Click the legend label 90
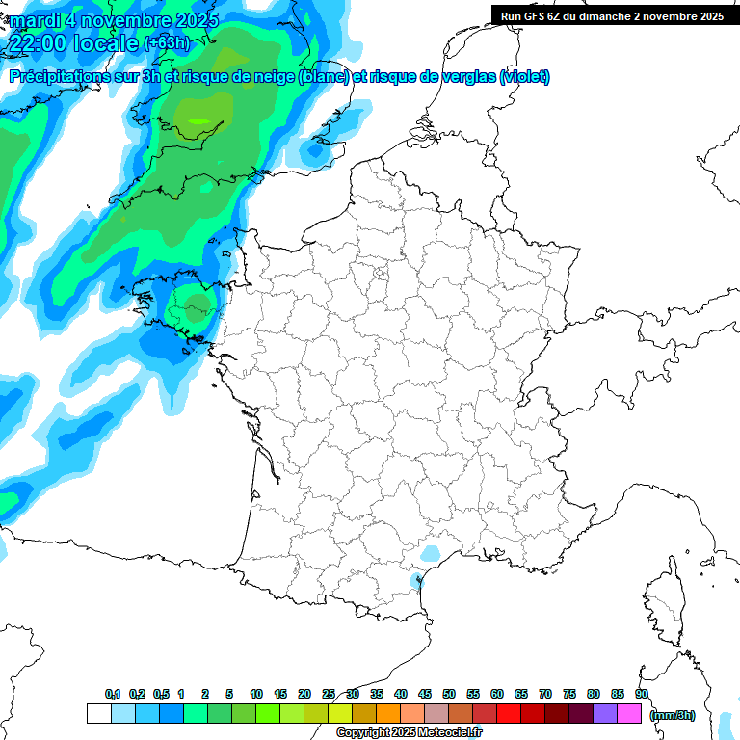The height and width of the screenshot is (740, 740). point(641,694)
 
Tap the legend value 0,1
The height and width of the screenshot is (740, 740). point(113,694)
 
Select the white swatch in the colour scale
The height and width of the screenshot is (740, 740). point(98,714)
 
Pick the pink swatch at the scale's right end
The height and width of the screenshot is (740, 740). point(630,714)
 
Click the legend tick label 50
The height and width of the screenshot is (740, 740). point(449,694)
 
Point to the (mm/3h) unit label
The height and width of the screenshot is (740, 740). point(672,715)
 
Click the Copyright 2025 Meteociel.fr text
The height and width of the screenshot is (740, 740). point(410,732)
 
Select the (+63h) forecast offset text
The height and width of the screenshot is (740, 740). point(167,43)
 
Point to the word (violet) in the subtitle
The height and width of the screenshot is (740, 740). point(525,77)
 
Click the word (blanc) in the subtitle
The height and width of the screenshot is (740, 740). point(323,77)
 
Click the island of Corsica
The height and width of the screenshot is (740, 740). point(663,602)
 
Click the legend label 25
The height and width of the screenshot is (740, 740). point(329,694)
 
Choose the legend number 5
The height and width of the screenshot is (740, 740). point(229,694)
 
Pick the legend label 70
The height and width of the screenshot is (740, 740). point(545,694)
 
